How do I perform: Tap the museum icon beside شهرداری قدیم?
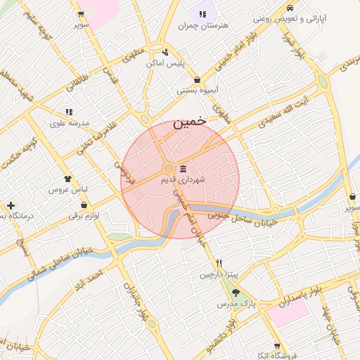[183, 169]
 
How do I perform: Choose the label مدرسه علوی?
[69, 122]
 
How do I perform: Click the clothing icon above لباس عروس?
[67, 179]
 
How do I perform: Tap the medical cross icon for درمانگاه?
[10, 205]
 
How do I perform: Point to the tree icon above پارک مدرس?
[235, 292]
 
